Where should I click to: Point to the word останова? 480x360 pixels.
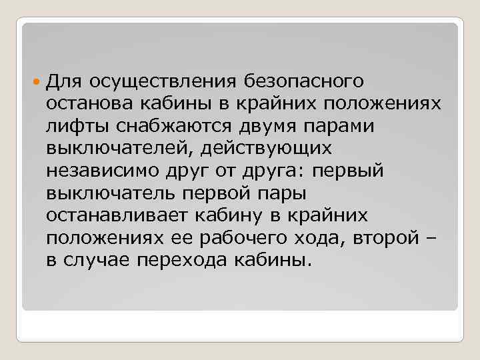91,104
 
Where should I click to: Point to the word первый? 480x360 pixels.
351,171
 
